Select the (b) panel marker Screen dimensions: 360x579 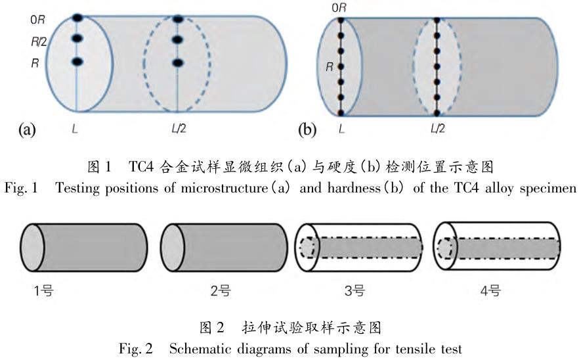point(307,129)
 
